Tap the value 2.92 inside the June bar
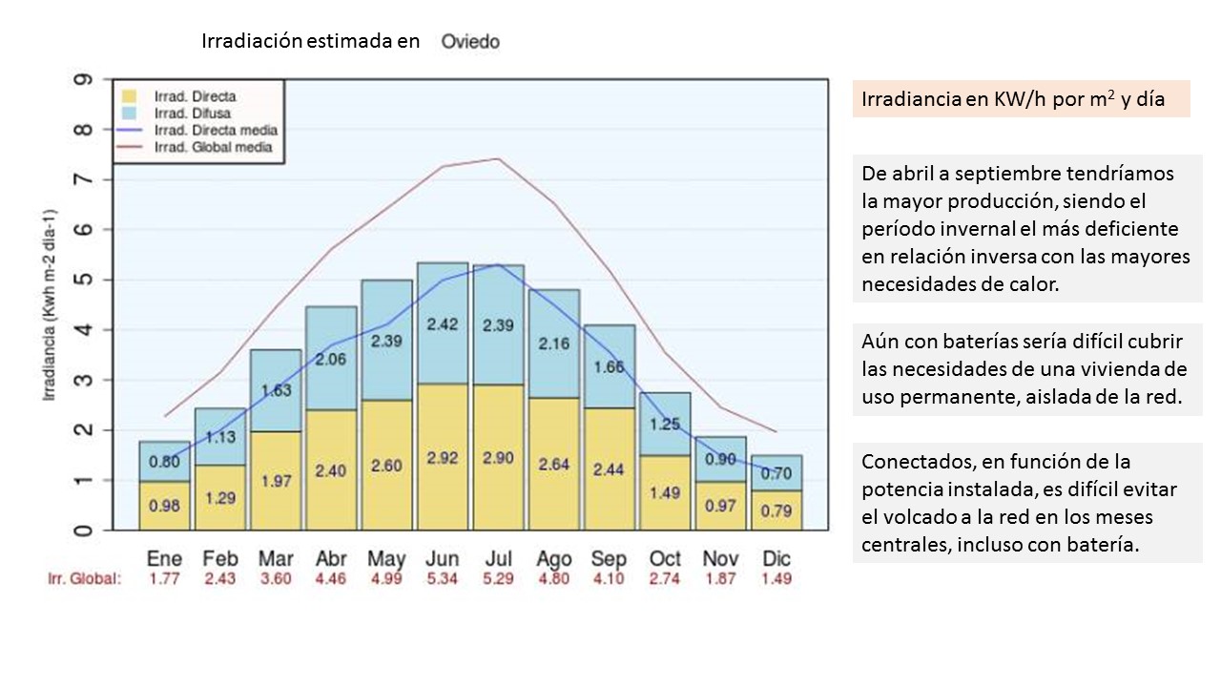pos(442,458)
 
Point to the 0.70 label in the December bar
pos(776,472)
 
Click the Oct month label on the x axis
pos(665,559)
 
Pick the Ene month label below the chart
pos(164,559)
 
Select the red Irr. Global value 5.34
pos(442,579)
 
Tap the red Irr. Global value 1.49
pos(776,579)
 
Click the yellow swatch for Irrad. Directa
pos(129,96)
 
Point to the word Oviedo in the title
pos(470,42)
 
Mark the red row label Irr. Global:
pos(85,579)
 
